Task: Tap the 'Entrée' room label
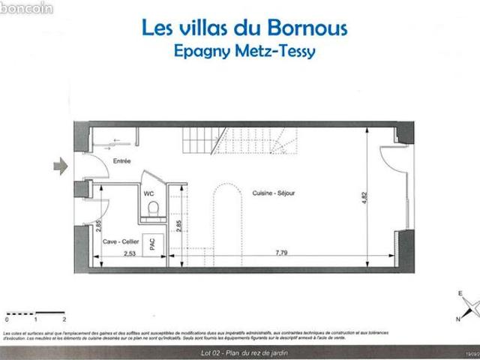click(x=121, y=161)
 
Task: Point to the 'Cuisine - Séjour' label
click(x=274, y=193)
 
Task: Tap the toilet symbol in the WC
click(x=152, y=209)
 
